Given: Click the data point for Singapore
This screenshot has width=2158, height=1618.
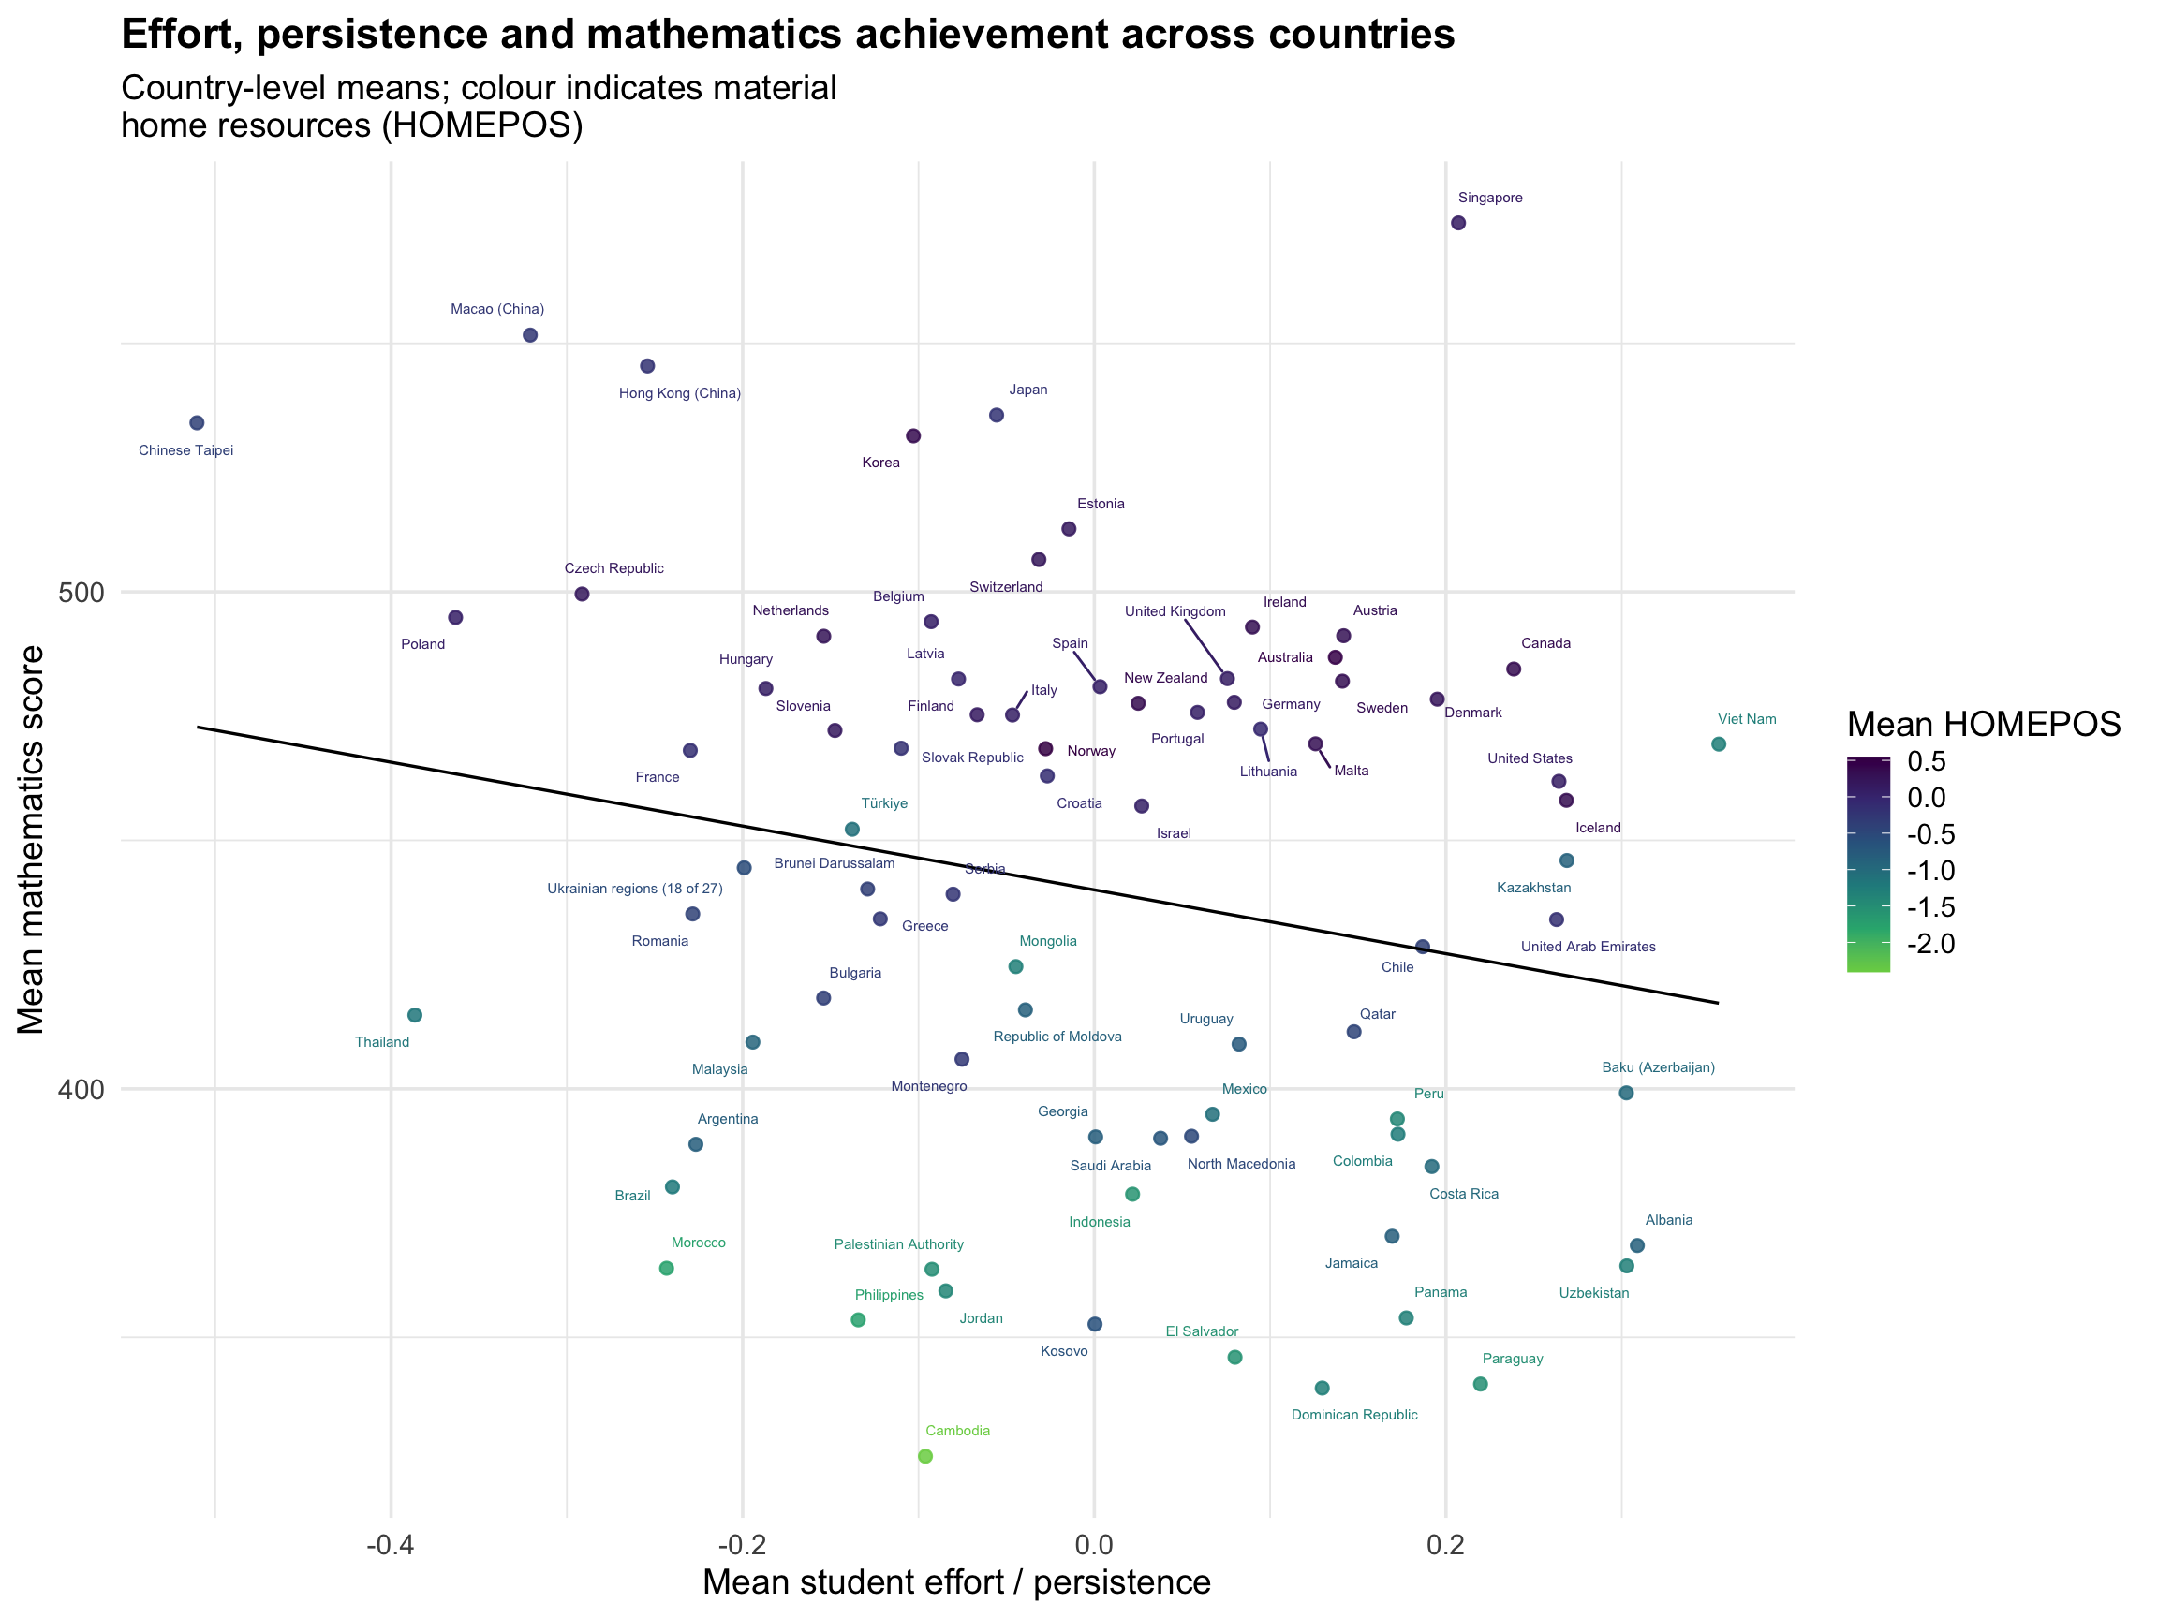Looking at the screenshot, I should (1458, 224).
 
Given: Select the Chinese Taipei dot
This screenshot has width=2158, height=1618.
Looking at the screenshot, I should (197, 423).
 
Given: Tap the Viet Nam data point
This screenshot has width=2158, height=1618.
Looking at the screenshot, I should (1719, 745).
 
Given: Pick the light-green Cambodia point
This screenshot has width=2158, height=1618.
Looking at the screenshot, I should (925, 1457).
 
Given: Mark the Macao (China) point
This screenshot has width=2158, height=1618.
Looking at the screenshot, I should (531, 335).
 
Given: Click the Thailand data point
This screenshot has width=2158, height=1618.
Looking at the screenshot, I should (415, 1016).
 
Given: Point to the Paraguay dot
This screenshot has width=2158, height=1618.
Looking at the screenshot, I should (1480, 1385).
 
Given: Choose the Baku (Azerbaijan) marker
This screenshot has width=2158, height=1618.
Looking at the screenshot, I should (1626, 1094).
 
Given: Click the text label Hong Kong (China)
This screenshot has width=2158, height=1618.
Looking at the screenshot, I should (680, 394).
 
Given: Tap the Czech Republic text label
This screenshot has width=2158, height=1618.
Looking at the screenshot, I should (613, 568).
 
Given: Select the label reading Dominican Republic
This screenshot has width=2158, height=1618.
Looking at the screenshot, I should (1354, 1415).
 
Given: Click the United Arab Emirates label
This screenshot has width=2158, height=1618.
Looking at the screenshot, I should (1589, 947).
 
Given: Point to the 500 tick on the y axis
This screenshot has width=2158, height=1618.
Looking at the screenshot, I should (81, 593).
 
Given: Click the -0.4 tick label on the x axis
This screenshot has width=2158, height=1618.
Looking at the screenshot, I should (391, 1546).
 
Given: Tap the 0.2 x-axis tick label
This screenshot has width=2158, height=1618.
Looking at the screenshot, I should (1446, 1546).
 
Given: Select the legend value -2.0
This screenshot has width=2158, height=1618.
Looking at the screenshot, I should (1930, 944).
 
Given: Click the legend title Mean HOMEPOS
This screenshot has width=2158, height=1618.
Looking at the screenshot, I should (1985, 725).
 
